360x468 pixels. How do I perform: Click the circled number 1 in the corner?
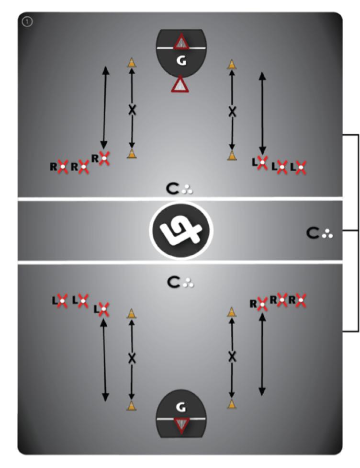pyautogui.click(x=27, y=22)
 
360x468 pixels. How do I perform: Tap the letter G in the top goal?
pyautogui.click(x=180, y=61)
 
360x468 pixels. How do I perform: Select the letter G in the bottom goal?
pyautogui.click(x=180, y=407)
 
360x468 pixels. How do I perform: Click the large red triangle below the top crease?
pyautogui.click(x=180, y=85)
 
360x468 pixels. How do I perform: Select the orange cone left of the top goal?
pyautogui.click(x=132, y=63)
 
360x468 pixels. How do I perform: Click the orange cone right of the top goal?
pyautogui.click(x=232, y=64)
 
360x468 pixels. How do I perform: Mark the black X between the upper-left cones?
pyautogui.click(x=132, y=109)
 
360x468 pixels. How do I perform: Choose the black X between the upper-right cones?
pyautogui.click(x=232, y=112)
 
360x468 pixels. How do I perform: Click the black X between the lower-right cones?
pyautogui.click(x=232, y=356)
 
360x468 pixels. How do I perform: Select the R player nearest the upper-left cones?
pyautogui.click(x=104, y=157)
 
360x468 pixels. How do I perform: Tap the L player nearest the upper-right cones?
pyautogui.click(x=262, y=163)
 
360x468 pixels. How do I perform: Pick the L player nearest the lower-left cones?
pyautogui.click(x=103, y=309)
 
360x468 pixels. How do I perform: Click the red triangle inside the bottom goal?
pyautogui.click(x=180, y=425)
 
